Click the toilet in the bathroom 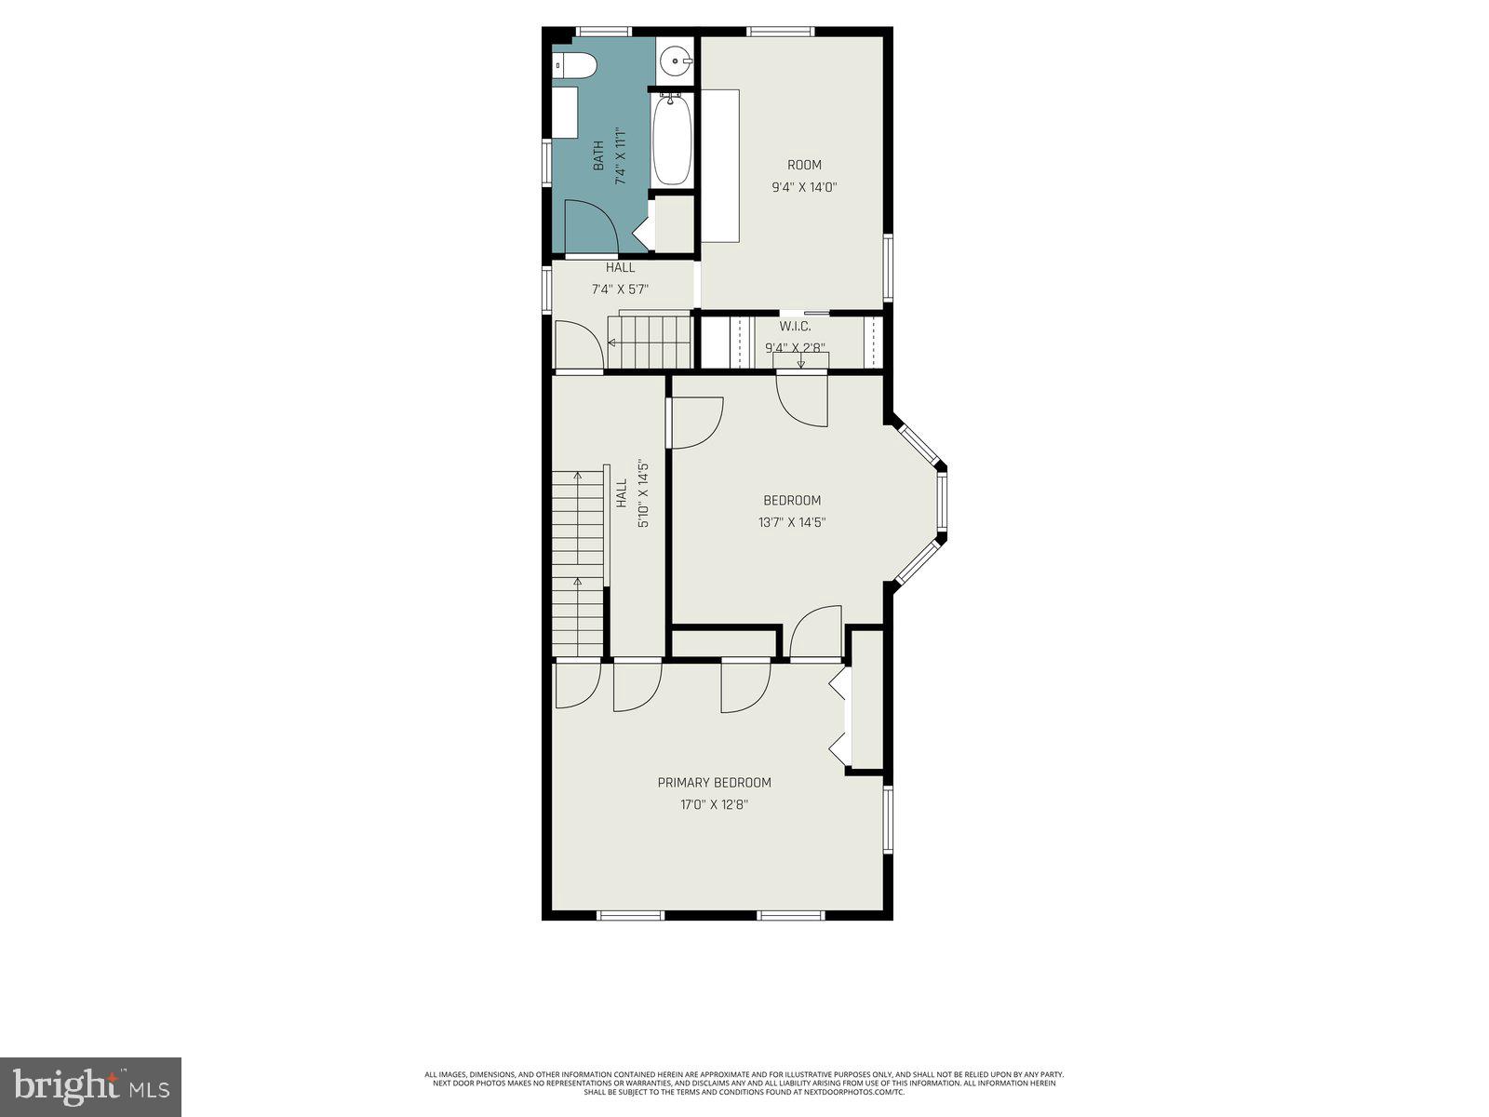[x=575, y=65]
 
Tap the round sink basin [x=675, y=62]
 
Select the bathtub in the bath [x=671, y=141]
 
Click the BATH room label [x=598, y=155]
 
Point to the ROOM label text [x=804, y=165]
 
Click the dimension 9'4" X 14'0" [x=804, y=187]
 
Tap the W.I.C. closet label [x=795, y=326]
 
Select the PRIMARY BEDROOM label [x=714, y=783]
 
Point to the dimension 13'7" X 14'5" [x=792, y=523]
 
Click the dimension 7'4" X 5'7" [x=620, y=289]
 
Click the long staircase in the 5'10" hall [x=578, y=563]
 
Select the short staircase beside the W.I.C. [x=649, y=341]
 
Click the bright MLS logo [x=90, y=1086]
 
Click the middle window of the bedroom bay [x=942, y=503]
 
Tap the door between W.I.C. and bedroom [x=802, y=398]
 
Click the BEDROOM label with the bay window [x=792, y=501]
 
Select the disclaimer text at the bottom [x=744, y=1083]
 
